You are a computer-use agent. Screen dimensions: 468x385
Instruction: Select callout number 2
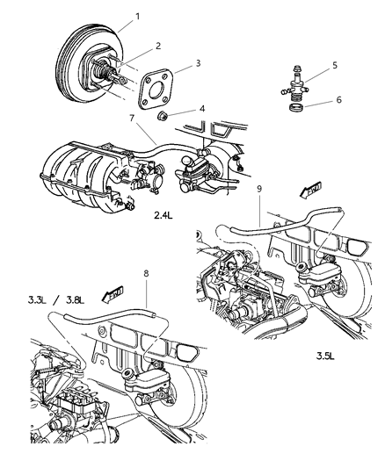tap(158, 45)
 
